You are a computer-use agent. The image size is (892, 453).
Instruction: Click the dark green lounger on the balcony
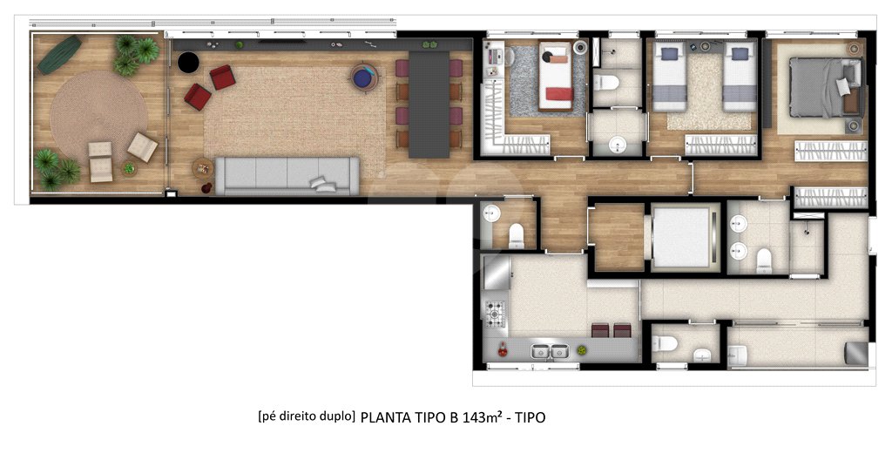point(60,55)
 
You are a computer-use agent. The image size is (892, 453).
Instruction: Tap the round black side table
point(188,63)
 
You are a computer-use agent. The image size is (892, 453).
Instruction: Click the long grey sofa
point(287,176)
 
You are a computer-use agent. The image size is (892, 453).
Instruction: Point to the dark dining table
point(429,105)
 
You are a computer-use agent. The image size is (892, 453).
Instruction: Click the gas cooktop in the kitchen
point(495,314)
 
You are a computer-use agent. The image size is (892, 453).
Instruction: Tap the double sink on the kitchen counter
point(550,351)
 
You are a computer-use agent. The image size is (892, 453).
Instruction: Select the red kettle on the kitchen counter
point(503,350)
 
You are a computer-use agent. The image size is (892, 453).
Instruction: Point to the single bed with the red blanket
point(556,76)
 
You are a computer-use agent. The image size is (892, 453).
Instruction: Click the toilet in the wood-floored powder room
point(517,235)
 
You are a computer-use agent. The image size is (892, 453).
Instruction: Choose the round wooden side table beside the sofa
point(203,168)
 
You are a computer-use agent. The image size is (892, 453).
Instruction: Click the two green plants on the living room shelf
point(429,44)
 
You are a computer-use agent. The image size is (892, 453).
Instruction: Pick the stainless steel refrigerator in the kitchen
point(496,272)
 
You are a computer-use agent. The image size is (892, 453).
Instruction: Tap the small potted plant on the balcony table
point(129,168)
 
